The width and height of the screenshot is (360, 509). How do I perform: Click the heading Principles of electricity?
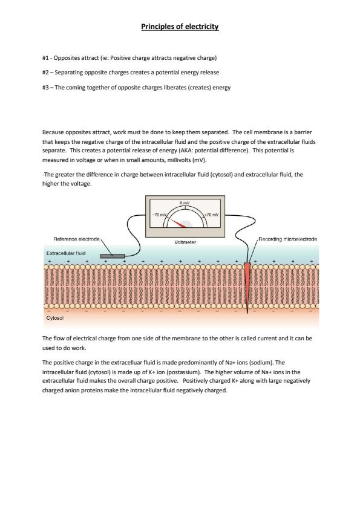[180, 27]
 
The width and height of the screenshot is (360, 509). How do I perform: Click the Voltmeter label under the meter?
[185, 242]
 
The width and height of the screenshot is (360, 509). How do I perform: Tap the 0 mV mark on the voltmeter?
[184, 203]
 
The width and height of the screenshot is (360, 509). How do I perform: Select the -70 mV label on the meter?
[159, 215]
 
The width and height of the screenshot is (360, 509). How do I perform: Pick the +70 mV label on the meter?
[212, 215]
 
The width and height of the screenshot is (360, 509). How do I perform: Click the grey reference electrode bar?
[113, 256]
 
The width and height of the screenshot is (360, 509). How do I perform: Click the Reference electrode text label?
[76, 239]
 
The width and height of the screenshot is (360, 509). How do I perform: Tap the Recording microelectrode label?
[287, 239]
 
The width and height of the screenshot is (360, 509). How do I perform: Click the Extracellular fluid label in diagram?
[66, 253]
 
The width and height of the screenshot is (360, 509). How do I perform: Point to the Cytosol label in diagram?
[55, 318]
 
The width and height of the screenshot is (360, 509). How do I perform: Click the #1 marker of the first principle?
[46, 58]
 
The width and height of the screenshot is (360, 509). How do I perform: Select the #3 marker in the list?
[46, 87]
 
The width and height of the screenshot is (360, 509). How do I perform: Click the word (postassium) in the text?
[184, 372]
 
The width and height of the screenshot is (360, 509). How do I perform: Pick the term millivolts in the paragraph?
[179, 160]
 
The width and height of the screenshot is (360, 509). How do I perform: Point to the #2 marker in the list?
[46, 73]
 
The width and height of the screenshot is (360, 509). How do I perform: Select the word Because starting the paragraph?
[53, 132]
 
